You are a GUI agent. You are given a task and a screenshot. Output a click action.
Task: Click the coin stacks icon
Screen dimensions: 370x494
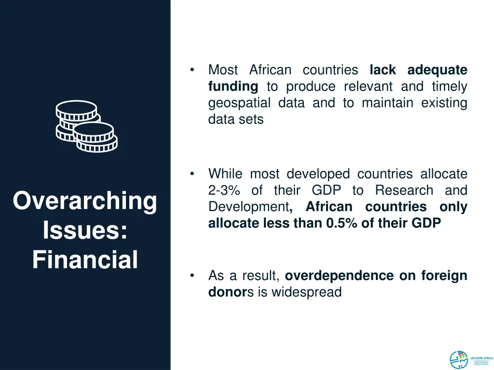click(x=86, y=126)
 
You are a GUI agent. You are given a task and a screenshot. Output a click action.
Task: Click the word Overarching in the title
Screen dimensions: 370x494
click(x=85, y=201)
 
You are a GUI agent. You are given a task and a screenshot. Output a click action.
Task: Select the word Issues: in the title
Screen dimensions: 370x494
click(x=85, y=230)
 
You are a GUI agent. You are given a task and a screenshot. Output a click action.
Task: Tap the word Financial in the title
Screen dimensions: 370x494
click(x=85, y=260)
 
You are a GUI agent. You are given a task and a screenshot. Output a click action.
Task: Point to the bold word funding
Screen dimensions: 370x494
click(x=233, y=87)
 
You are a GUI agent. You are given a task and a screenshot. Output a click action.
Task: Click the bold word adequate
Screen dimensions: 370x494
click(x=437, y=70)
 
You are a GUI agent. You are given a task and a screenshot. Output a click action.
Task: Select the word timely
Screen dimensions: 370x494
click(x=449, y=87)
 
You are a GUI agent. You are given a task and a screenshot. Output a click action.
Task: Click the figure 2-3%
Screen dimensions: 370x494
click(x=224, y=190)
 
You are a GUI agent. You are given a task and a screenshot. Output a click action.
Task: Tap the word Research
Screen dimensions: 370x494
click(x=404, y=190)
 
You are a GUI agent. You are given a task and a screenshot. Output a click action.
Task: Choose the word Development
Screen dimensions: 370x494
click(x=248, y=207)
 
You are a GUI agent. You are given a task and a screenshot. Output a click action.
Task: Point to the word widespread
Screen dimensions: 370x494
click(x=306, y=292)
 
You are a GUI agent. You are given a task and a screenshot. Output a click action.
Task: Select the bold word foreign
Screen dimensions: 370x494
click(x=444, y=276)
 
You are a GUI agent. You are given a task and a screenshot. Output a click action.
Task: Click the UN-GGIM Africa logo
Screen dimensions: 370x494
click(x=471, y=359)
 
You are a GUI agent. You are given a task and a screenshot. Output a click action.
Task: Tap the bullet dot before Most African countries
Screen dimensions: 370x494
click(x=192, y=70)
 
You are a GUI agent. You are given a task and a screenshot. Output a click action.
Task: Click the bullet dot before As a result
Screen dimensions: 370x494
click(x=192, y=276)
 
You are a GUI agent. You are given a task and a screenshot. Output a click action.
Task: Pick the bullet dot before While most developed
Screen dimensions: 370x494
click(x=192, y=174)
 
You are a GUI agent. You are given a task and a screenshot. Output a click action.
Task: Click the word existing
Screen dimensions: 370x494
click(x=444, y=103)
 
